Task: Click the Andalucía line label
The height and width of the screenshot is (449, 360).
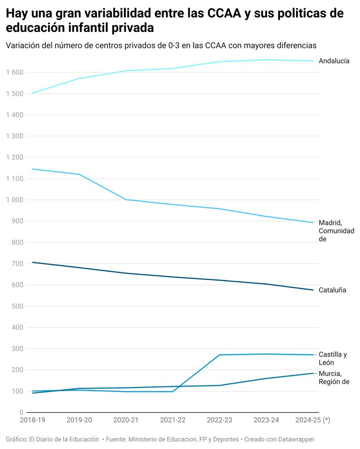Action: (x=333, y=61)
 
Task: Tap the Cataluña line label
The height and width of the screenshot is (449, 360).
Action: (x=332, y=290)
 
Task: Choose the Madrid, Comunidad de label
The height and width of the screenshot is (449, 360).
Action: (x=336, y=231)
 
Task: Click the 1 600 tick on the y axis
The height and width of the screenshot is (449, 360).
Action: (x=14, y=72)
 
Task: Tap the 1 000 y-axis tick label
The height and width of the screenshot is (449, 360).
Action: (x=14, y=200)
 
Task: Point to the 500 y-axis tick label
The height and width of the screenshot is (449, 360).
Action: (x=18, y=306)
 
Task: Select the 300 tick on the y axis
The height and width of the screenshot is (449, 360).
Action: (x=18, y=349)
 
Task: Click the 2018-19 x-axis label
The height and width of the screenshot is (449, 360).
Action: (x=32, y=420)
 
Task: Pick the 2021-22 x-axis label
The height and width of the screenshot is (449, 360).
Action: (x=173, y=420)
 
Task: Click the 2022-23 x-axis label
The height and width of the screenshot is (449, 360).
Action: (x=219, y=420)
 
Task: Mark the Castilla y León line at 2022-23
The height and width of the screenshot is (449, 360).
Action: (x=219, y=355)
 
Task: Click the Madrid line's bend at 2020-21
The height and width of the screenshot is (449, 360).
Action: (x=126, y=199)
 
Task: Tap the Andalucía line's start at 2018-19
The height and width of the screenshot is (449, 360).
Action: (x=32, y=93)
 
